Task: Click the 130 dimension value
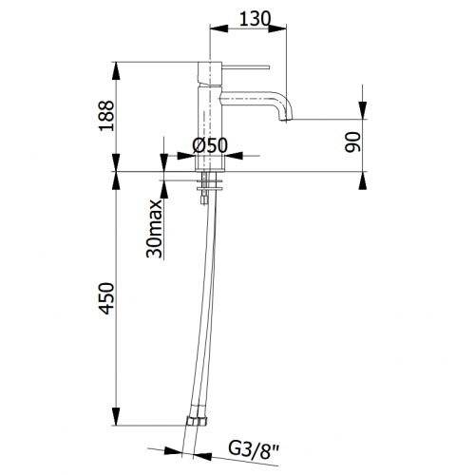point(255,19)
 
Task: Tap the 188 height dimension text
point(106,116)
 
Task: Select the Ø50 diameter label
point(210,145)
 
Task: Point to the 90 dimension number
point(352,142)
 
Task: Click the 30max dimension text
point(154,228)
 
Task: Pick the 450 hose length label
point(106,298)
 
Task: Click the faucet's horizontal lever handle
point(246,67)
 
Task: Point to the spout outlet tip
point(285,120)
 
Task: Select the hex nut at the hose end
point(197,422)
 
